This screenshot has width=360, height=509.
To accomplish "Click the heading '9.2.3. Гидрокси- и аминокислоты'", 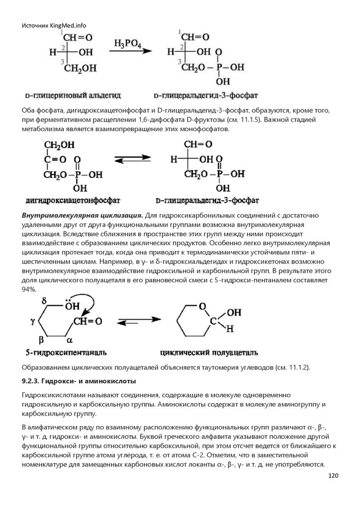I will coord(79,381).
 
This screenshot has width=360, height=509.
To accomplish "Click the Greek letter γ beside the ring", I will coord(33,321).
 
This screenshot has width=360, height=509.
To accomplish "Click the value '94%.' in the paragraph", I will coord(29,290).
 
